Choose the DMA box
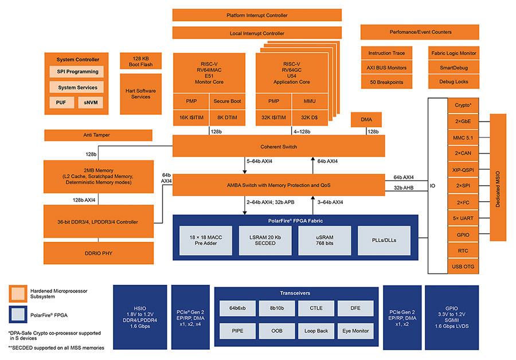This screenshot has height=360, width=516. point(366,120)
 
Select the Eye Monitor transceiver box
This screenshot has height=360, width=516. point(356,331)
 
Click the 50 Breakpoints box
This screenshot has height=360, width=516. point(386,82)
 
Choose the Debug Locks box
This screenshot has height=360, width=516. point(453,82)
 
